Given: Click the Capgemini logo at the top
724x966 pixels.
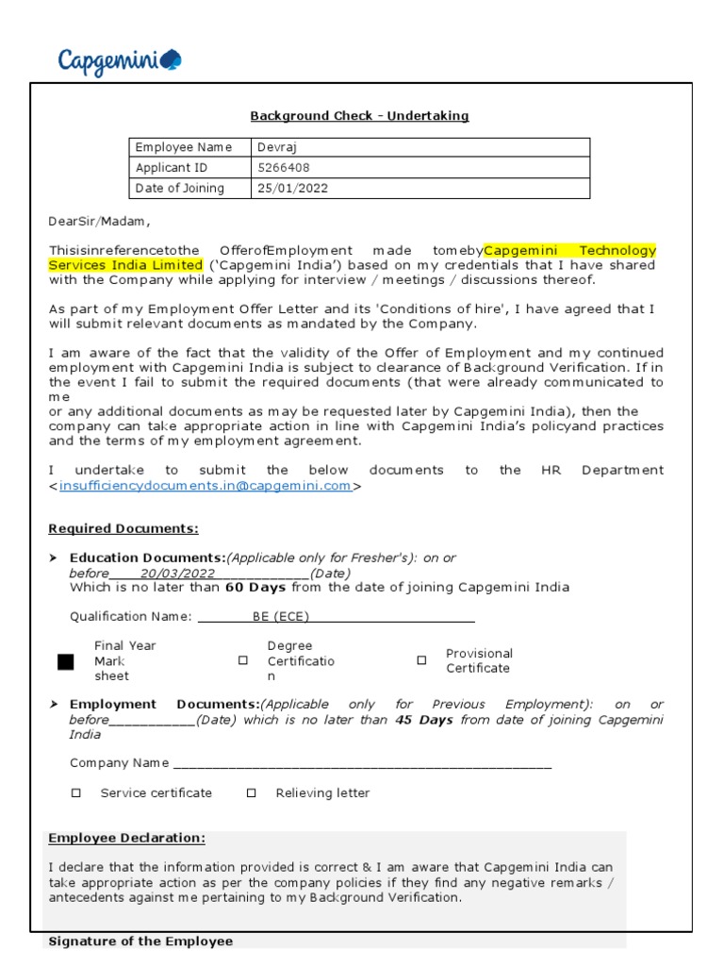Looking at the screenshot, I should point(120,62).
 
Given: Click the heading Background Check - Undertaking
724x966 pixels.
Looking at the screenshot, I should point(359,116).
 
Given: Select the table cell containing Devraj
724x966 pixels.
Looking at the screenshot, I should point(420,147).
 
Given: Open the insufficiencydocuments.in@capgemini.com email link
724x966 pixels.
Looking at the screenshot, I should point(206,486).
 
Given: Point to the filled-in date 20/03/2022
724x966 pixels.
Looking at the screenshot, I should point(178,574).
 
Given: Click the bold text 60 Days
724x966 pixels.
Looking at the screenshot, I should point(255,588).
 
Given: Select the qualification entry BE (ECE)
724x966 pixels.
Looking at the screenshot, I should point(280,617).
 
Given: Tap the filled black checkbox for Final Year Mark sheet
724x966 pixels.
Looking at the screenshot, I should point(65,661).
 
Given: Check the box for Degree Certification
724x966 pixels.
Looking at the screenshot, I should point(243,661).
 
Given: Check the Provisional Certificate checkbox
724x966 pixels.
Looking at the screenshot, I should point(421,661).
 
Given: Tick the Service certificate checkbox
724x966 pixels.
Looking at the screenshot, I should point(76,793).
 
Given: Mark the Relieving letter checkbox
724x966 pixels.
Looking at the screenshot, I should point(251,793).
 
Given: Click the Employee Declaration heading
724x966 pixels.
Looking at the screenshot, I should point(126,839).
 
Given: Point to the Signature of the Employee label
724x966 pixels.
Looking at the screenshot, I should point(140,941).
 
